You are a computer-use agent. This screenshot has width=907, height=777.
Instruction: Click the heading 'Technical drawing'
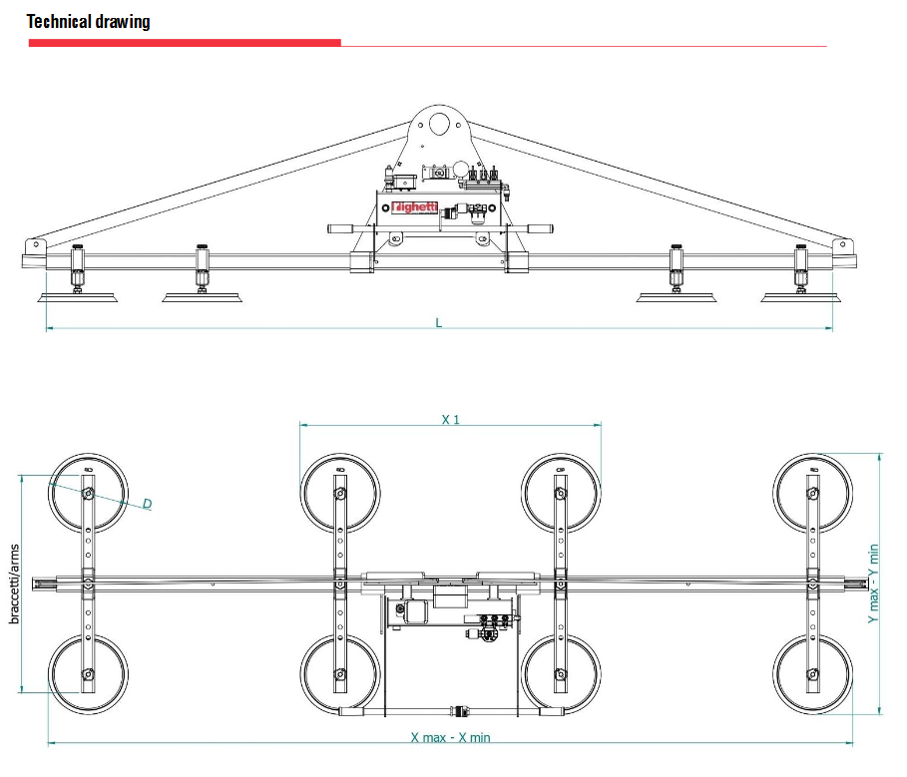click(89, 21)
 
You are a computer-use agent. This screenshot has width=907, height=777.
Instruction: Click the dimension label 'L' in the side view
click(438, 322)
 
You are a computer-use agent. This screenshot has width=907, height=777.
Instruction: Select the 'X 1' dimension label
click(451, 419)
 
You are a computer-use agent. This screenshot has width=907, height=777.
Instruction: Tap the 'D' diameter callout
click(147, 504)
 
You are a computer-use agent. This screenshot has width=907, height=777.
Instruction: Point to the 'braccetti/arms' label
click(15, 583)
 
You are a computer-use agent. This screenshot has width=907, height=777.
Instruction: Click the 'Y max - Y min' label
click(872, 584)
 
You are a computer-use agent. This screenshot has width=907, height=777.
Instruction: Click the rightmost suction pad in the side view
click(800, 295)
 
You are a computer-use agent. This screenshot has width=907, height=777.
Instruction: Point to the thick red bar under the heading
click(185, 43)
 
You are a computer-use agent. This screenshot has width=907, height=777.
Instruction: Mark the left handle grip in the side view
click(344, 228)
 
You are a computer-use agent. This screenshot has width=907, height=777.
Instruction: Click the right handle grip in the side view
click(535, 228)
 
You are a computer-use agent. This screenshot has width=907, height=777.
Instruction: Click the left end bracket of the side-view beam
click(35, 246)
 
